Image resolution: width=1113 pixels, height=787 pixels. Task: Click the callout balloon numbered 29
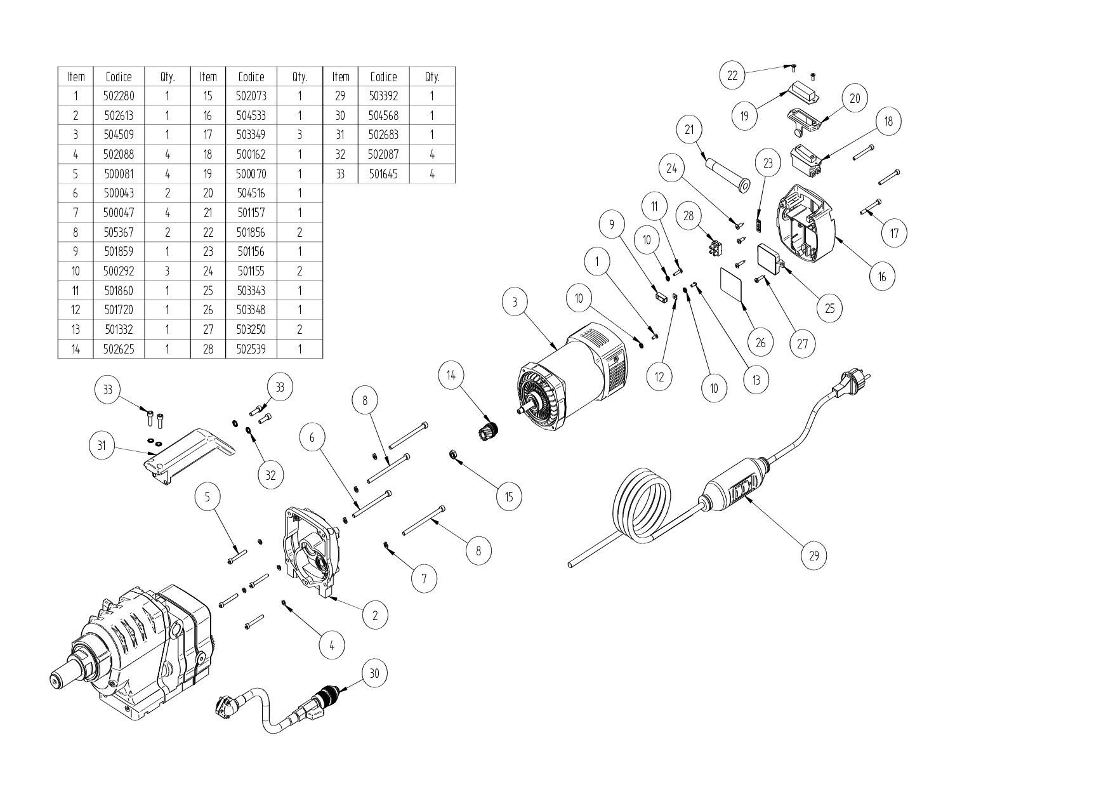pyautogui.click(x=814, y=556)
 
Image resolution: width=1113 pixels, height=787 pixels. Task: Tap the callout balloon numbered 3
pyautogui.click(x=515, y=302)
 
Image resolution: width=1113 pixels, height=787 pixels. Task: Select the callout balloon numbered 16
pyautogui.click(x=882, y=276)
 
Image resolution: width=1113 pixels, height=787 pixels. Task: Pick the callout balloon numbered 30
pyautogui.click(x=374, y=673)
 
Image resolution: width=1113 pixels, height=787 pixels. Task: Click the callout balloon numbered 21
pyautogui.click(x=690, y=129)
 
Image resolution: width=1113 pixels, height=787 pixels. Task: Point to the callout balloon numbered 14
pyautogui.click(x=451, y=375)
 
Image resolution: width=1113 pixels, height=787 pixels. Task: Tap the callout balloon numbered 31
pyautogui.click(x=102, y=446)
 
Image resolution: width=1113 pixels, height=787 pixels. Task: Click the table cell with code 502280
pyautogui.click(x=119, y=96)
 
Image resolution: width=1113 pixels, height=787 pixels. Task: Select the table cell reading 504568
pyautogui.click(x=383, y=116)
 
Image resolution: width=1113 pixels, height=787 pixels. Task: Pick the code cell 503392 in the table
pyautogui.click(x=383, y=96)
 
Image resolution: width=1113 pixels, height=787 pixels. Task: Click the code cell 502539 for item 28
pyautogui.click(x=251, y=348)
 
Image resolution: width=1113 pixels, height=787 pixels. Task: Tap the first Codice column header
pyautogui.click(x=119, y=77)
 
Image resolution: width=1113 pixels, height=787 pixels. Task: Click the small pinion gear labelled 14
pyautogui.click(x=489, y=432)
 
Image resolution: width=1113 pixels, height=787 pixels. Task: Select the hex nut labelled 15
pyautogui.click(x=453, y=454)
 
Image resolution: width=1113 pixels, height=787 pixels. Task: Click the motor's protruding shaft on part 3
pyautogui.click(x=524, y=411)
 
